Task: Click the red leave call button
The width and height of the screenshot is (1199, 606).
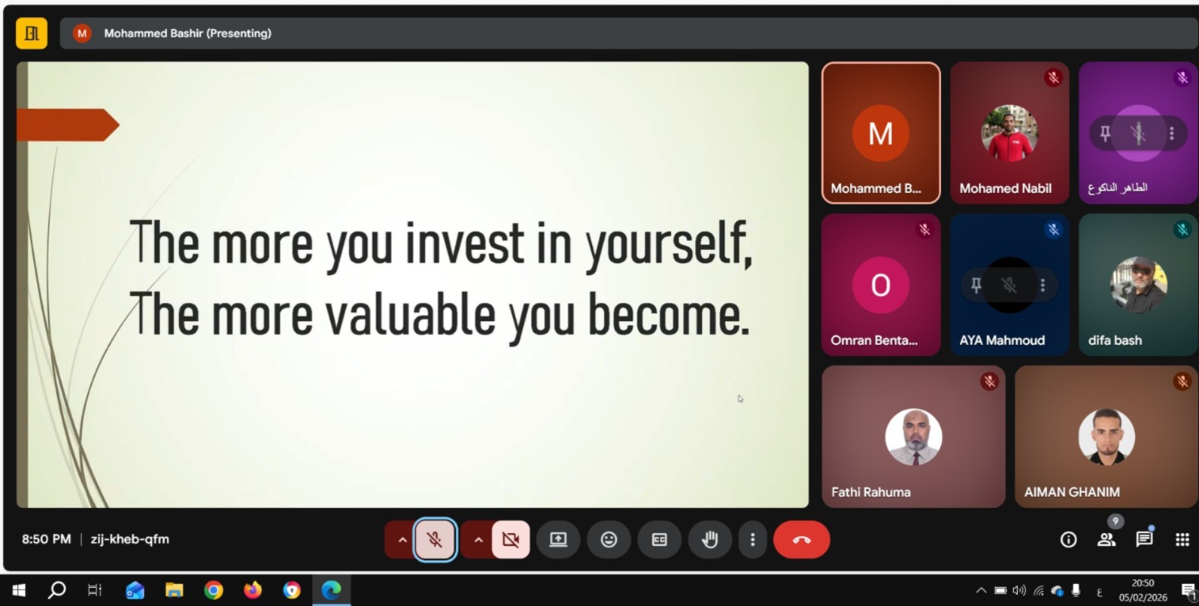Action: (801, 540)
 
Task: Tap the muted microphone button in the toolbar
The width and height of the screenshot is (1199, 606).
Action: (435, 540)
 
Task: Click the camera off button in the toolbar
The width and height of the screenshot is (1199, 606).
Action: (511, 540)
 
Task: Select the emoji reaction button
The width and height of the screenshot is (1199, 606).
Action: (609, 540)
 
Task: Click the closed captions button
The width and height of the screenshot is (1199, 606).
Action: (659, 540)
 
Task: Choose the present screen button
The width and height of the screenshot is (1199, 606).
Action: (559, 540)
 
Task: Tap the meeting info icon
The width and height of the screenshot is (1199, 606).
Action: (1068, 540)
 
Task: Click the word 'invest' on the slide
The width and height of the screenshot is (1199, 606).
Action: (464, 244)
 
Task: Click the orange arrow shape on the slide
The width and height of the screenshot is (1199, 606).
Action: (68, 125)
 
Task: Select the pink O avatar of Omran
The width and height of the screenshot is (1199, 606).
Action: (880, 285)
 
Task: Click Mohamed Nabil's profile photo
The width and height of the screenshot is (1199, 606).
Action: (1009, 133)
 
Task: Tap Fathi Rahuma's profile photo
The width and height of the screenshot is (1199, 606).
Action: (914, 437)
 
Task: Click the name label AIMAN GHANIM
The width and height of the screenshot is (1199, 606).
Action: (1072, 492)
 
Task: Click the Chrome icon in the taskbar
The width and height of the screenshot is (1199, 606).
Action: (213, 590)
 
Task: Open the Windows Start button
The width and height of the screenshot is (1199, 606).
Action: (19, 590)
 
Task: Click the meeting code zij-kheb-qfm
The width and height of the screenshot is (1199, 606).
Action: (130, 539)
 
